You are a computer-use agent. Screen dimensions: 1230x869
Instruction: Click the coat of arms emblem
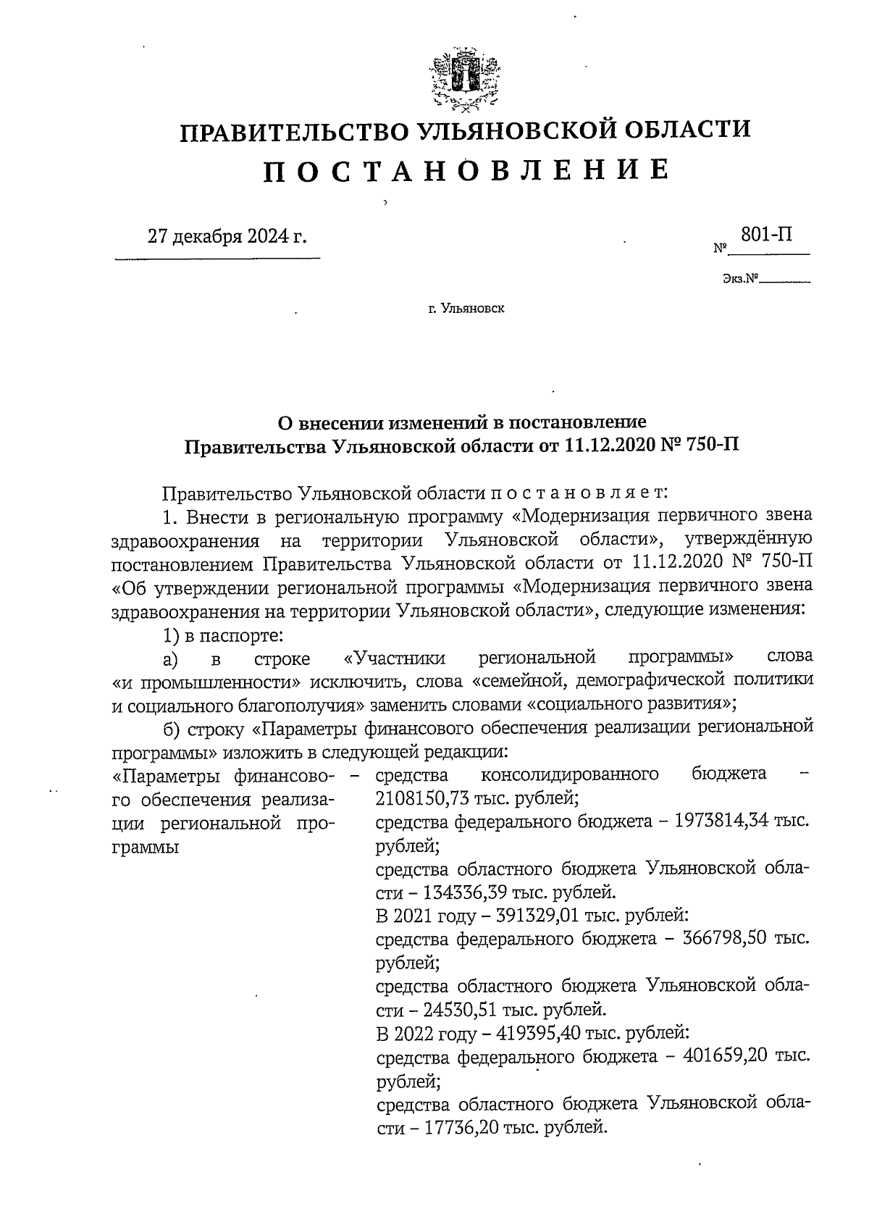point(463,80)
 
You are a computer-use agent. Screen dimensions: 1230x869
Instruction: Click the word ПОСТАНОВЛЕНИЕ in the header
point(464,170)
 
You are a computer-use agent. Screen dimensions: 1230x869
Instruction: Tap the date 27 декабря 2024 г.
point(227,237)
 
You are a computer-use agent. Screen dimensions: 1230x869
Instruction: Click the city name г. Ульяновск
point(466,309)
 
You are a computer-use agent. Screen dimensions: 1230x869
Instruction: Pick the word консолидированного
point(570,774)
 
